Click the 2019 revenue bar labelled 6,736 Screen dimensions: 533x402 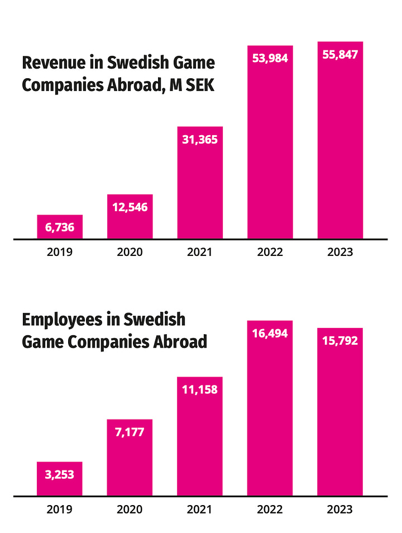click(x=60, y=227)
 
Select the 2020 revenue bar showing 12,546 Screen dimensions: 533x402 click(x=130, y=217)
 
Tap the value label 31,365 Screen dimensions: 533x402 click(x=200, y=140)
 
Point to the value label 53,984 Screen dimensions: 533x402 click(x=270, y=58)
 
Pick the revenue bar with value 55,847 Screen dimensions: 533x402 click(x=340, y=140)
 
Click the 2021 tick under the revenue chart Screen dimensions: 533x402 click(x=200, y=252)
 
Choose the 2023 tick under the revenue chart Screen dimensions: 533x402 click(x=340, y=252)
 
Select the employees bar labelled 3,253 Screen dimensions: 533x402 click(x=60, y=479)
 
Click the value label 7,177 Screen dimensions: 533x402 click(x=130, y=432)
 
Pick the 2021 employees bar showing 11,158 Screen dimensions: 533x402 click(x=200, y=436)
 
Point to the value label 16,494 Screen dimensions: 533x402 click(x=270, y=334)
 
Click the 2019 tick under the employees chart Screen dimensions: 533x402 click(x=60, y=509)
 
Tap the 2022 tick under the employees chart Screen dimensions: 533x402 click(x=270, y=509)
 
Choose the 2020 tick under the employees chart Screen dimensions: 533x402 click(x=130, y=509)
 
